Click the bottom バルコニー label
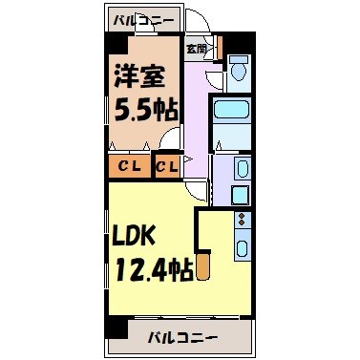point(184,337)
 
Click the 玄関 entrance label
point(196,47)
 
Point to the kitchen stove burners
point(241,225)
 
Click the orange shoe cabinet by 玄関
point(217,46)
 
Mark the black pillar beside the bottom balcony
point(116,328)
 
